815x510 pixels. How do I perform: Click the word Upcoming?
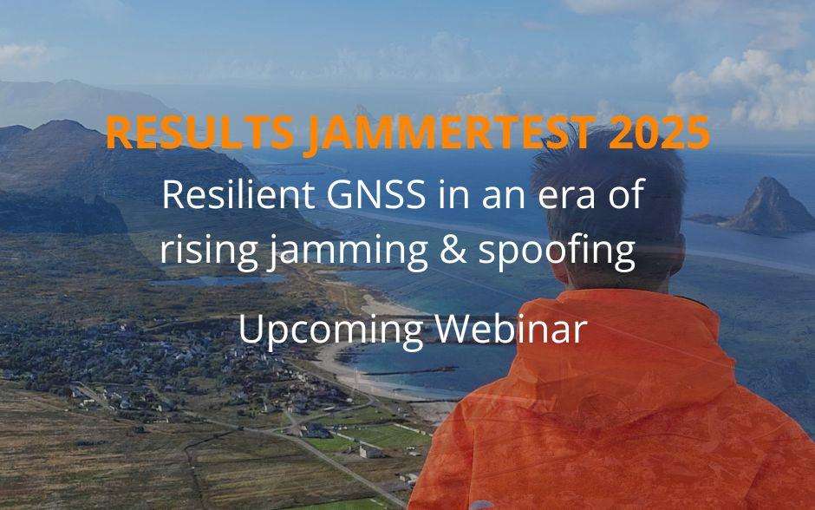(330, 330)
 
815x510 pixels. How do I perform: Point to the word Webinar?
(512, 329)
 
